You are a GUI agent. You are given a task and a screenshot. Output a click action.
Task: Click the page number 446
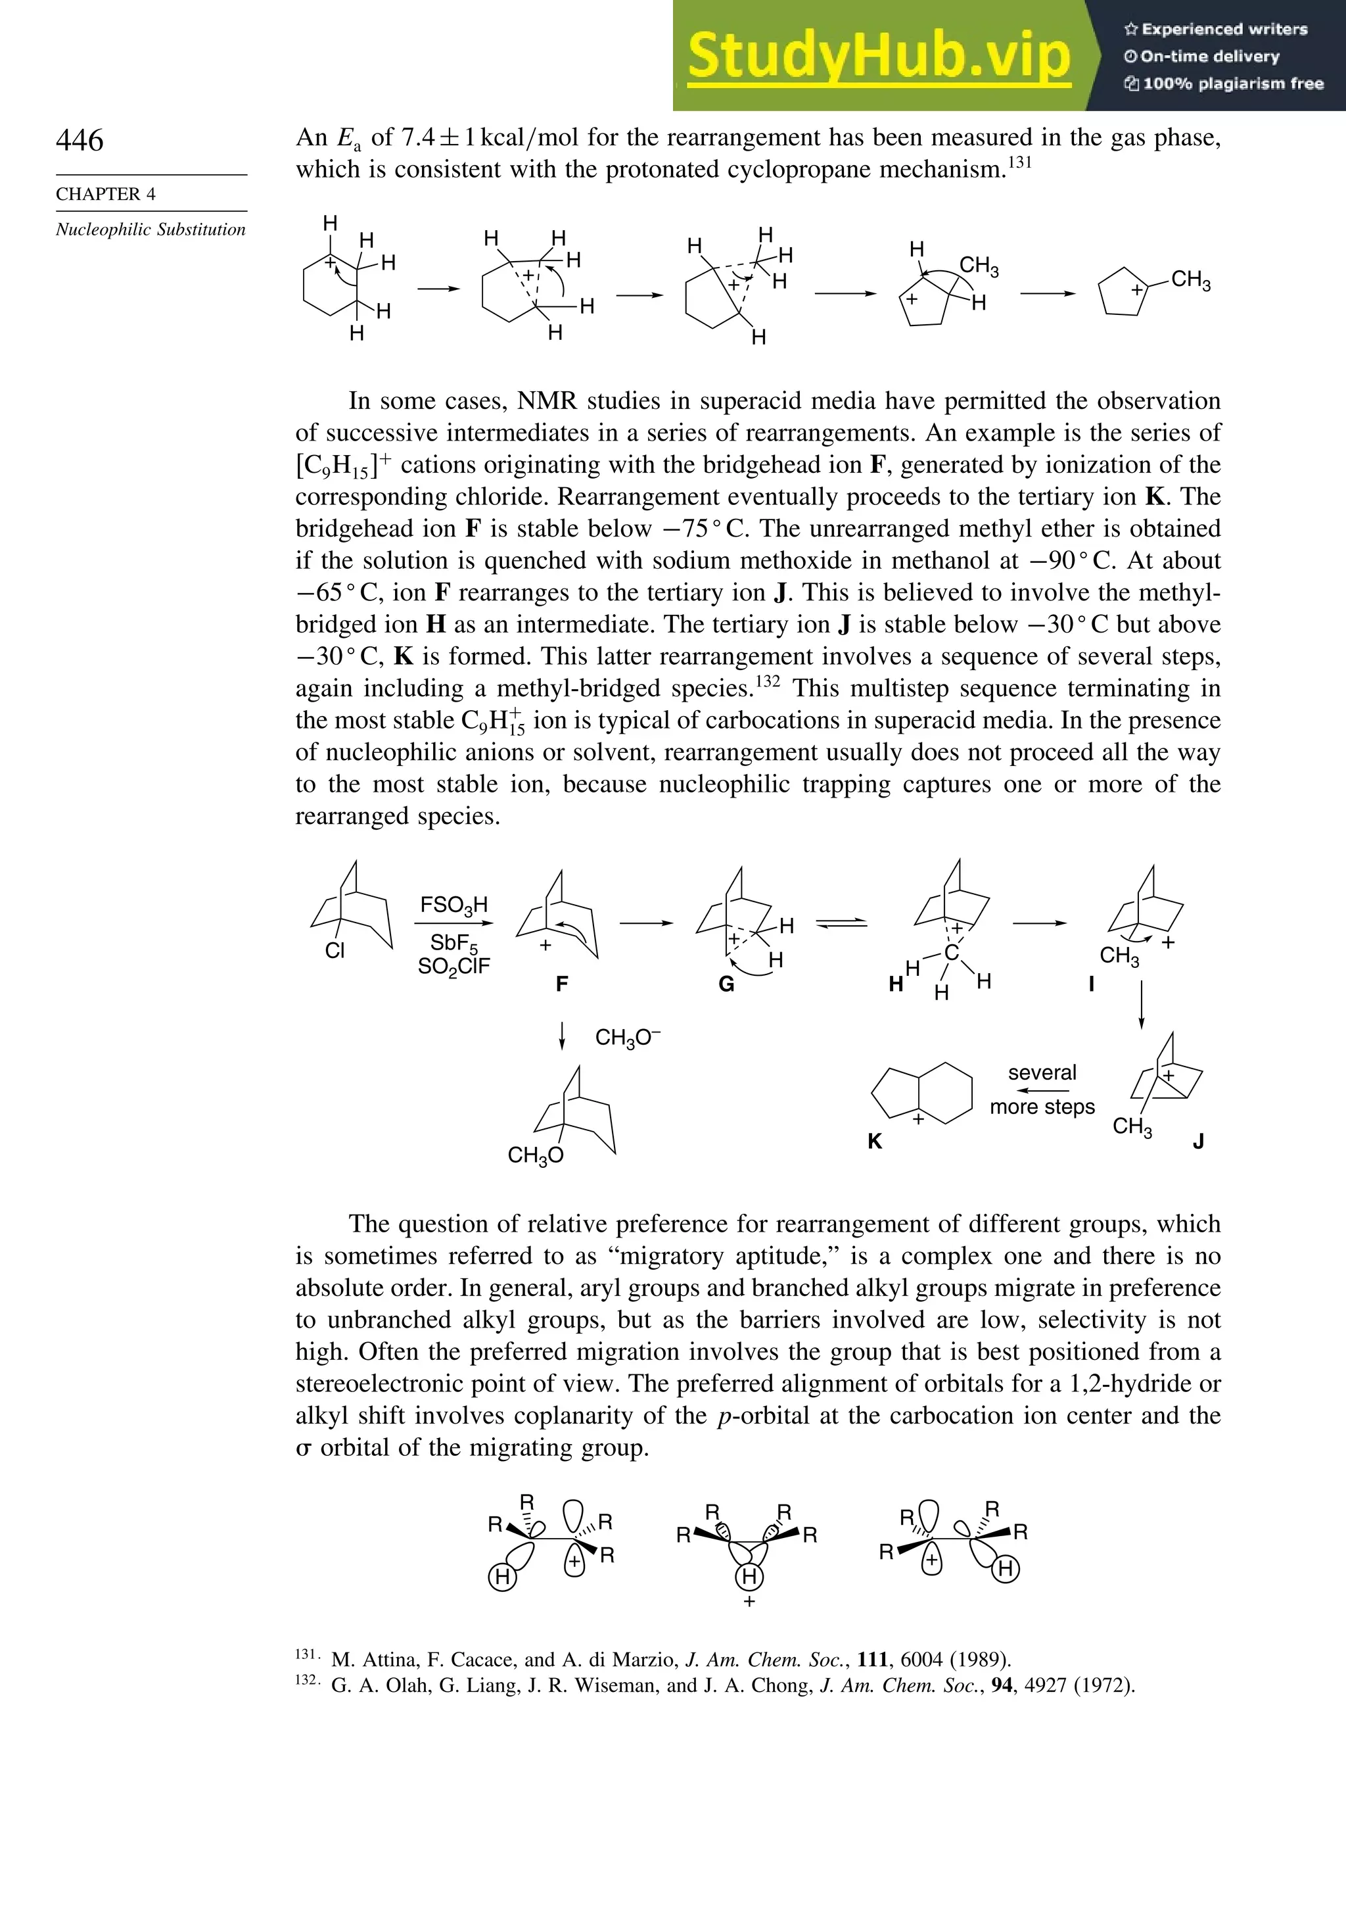(x=80, y=140)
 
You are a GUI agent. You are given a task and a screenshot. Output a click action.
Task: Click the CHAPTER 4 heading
(x=106, y=193)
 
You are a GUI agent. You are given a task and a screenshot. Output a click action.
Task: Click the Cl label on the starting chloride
(x=334, y=951)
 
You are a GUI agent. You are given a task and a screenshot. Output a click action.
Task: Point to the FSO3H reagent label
(x=453, y=905)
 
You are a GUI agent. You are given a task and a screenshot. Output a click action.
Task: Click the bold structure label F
(x=562, y=984)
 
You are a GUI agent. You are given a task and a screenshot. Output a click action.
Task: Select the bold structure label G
(x=726, y=984)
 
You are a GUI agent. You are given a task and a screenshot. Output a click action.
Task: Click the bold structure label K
(x=874, y=1142)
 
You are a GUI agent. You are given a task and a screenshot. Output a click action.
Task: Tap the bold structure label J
(x=1199, y=1142)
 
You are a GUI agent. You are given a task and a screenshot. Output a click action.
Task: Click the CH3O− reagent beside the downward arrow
(x=628, y=1038)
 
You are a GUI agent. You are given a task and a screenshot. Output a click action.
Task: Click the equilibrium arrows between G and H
(x=842, y=923)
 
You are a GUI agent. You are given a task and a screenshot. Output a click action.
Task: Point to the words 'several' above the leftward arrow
(x=1042, y=1072)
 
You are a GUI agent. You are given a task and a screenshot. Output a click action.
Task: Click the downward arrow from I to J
(x=1141, y=1004)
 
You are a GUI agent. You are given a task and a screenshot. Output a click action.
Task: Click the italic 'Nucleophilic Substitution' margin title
(x=151, y=229)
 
